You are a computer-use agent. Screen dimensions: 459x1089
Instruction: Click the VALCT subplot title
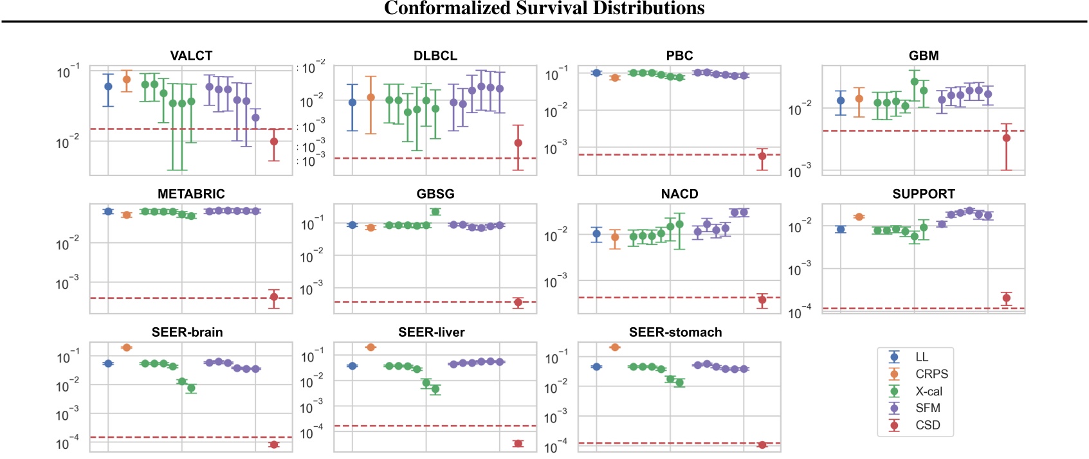click(191, 55)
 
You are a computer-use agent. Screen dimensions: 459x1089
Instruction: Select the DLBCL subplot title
click(435, 55)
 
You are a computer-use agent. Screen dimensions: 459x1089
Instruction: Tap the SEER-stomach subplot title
click(675, 332)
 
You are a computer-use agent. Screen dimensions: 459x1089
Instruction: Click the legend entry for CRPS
click(931, 374)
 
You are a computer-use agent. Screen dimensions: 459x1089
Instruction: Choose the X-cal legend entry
click(928, 392)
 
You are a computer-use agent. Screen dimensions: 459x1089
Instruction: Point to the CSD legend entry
click(928, 425)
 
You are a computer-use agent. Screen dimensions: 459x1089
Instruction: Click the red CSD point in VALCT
click(274, 141)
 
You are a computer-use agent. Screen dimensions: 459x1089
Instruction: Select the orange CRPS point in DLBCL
click(371, 98)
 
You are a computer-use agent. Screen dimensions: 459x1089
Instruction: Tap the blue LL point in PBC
click(596, 73)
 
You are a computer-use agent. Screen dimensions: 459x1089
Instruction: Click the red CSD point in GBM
click(1007, 138)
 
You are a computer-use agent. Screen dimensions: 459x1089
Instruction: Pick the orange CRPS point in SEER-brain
click(127, 348)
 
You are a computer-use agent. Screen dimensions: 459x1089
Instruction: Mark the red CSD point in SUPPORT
click(1007, 298)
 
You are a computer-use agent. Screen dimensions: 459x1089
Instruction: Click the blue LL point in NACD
click(596, 234)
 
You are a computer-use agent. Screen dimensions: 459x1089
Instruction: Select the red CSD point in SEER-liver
click(518, 444)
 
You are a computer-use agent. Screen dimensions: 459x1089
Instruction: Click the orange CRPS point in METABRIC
click(127, 215)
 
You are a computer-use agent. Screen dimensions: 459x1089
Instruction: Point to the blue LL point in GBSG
click(352, 225)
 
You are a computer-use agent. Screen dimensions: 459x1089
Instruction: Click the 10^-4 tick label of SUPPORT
click(800, 312)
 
